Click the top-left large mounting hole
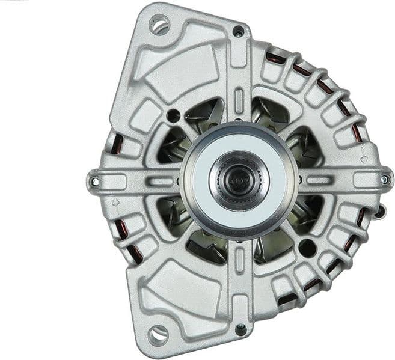click(x=160, y=25)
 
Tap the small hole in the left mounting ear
click(x=94, y=180)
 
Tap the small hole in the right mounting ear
click(x=384, y=179)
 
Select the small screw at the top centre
click(x=239, y=31)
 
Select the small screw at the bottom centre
click(x=240, y=329)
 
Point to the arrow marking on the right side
click(x=364, y=160)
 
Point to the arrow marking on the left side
click(x=116, y=201)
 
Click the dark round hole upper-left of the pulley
click(x=173, y=115)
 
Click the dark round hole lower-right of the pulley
click(x=307, y=246)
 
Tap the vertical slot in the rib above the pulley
click(x=239, y=100)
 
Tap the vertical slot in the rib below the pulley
click(x=239, y=258)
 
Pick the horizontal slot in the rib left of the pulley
click(x=159, y=180)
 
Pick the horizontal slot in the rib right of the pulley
click(x=319, y=179)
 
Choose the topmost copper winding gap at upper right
click(x=276, y=58)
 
